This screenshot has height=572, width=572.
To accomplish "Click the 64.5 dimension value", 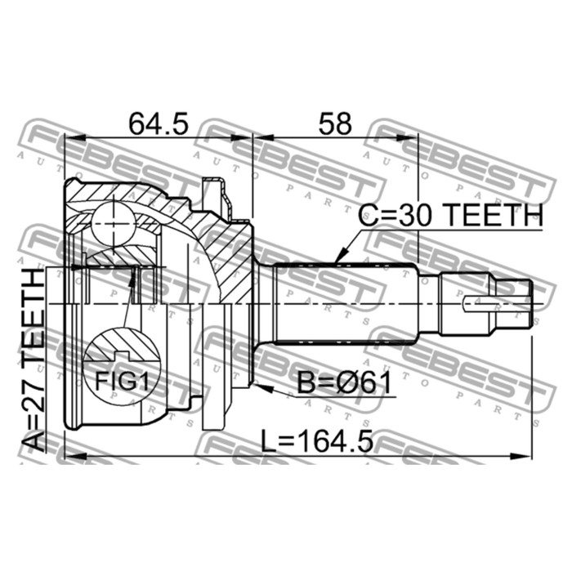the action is click(x=159, y=123).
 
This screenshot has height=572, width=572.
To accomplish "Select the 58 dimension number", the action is click(x=335, y=123).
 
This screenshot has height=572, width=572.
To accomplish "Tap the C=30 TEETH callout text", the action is click(x=450, y=215).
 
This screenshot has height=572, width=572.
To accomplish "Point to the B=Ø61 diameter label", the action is click(x=344, y=382).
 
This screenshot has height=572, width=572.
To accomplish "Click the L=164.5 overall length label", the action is click(x=317, y=441).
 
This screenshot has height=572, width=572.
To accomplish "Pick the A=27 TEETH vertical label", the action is click(x=33, y=360).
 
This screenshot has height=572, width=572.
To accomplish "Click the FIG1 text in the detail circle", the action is click(x=123, y=382).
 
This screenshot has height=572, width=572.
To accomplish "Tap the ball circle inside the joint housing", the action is click(x=113, y=223).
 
